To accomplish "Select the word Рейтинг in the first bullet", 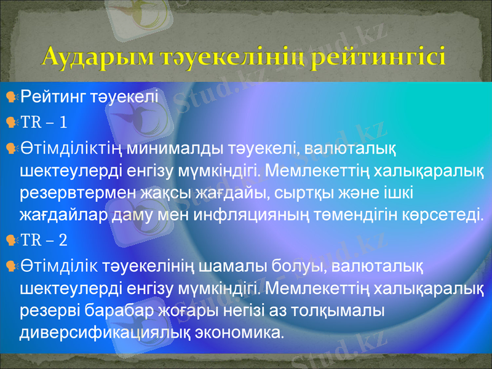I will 54,97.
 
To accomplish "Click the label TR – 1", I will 44,123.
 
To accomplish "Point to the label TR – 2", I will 44,239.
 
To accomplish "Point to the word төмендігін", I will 371,216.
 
